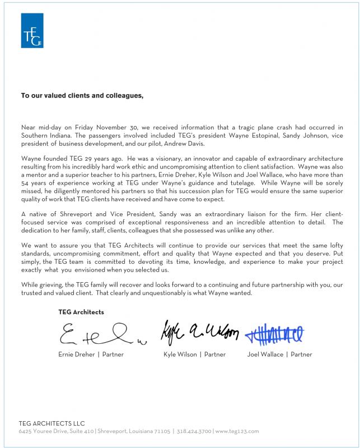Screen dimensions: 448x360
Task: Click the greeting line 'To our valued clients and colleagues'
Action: point(82,96)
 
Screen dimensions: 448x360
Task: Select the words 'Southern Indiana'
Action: point(46,137)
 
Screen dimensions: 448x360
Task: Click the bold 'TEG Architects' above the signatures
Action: point(81,312)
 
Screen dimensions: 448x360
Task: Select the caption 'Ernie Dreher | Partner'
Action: point(91,354)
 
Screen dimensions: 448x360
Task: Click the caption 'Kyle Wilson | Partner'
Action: point(194,354)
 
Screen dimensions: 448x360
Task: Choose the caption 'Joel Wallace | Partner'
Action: point(279,354)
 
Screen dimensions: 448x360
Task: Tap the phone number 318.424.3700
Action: point(194,432)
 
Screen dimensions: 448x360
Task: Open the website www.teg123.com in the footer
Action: point(238,432)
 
